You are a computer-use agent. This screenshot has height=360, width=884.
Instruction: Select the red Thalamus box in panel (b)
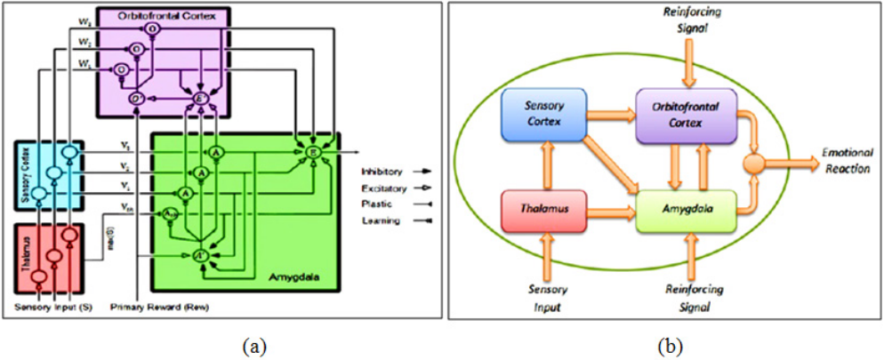tap(537, 212)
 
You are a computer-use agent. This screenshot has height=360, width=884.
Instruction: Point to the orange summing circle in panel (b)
tap(755, 163)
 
